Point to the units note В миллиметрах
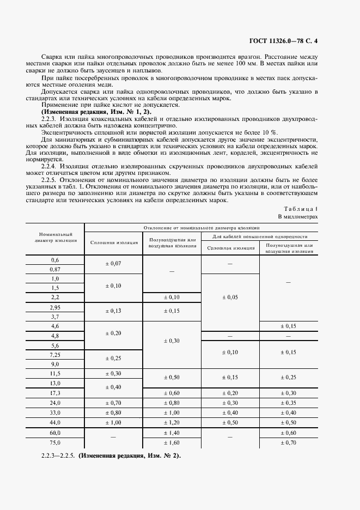[298, 217]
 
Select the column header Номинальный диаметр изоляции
[55, 236]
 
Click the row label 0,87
[55, 269]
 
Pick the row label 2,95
[55, 307]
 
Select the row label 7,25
[55, 355]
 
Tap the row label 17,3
[55, 393]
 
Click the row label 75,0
[55, 442]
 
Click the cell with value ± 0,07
[113, 264]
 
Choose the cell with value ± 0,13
[113, 311]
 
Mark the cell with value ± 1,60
[172, 442]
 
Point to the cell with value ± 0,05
[230, 297]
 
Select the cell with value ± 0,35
[288, 403]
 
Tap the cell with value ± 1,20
[172, 422]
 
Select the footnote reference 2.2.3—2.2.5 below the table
[58, 456]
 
